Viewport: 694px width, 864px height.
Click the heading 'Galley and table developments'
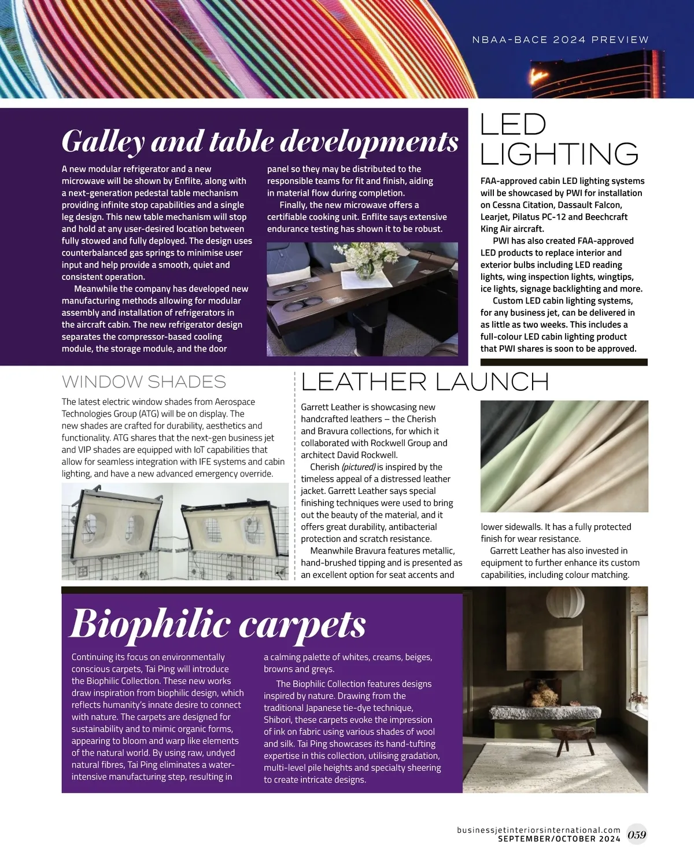point(260,141)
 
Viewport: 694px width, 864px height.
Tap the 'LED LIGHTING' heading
point(559,139)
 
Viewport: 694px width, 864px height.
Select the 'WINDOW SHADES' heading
point(143,382)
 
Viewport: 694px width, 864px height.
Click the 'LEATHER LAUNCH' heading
point(424,382)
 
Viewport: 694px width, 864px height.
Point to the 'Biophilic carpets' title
point(218,624)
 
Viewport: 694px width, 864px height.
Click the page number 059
point(637,835)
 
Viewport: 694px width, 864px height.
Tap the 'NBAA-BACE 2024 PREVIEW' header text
point(560,40)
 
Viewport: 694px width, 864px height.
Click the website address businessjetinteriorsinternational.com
point(538,830)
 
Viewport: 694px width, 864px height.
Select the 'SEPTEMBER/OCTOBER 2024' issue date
point(559,839)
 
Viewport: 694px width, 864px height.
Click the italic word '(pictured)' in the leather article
point(359,467)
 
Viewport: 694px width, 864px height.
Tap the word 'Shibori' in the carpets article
point(279,720)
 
